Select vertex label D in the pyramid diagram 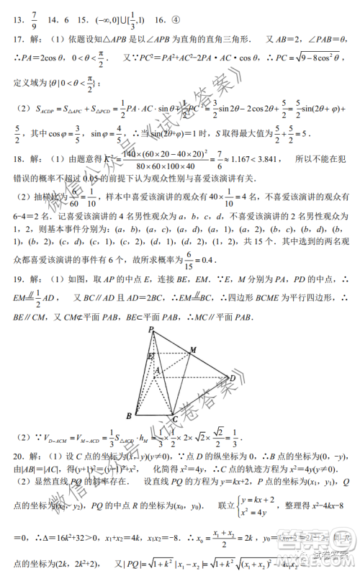tap(233, 377)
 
